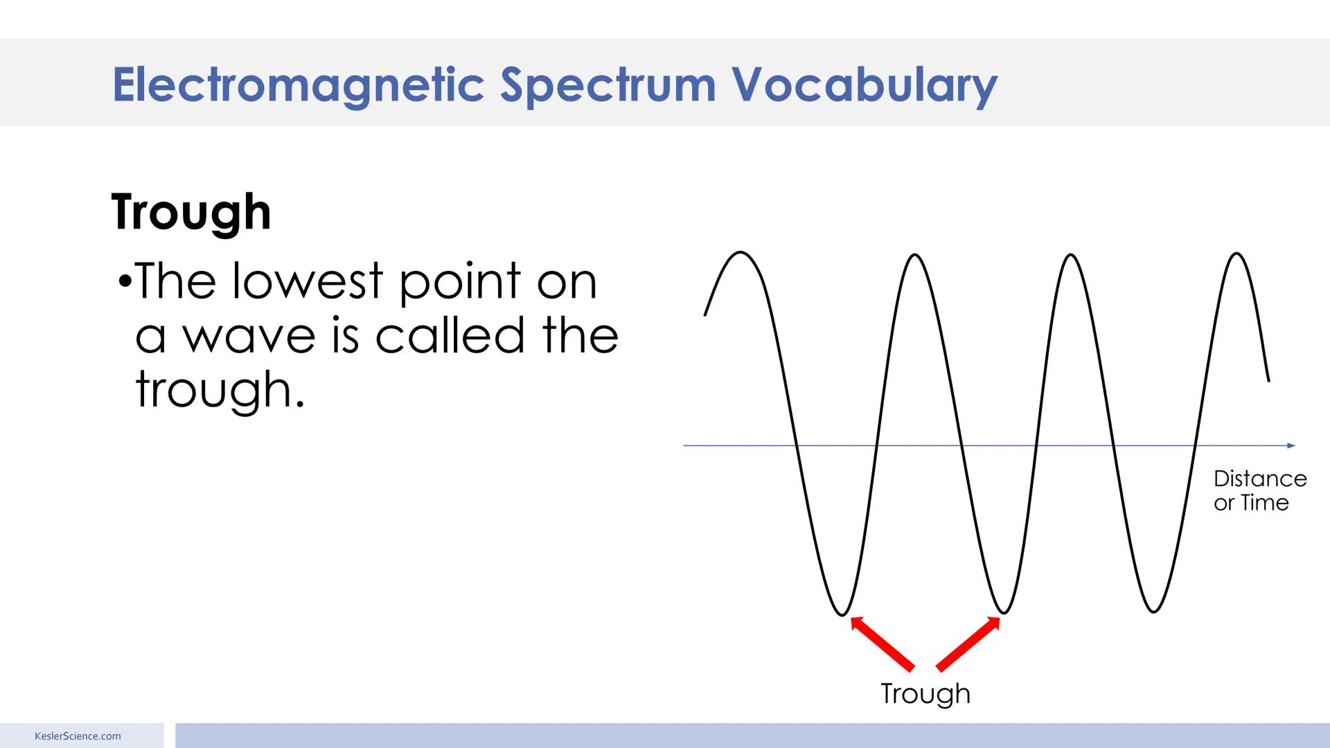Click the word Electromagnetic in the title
point(298,84)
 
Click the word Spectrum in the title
point(608,84)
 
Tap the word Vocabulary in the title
point(864,84)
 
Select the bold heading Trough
point(191,212)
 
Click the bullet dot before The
point(125,282)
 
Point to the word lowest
point(307,281)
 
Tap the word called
point(450,335)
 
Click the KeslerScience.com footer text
point(78,736)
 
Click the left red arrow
point(882,643)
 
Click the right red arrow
point(968,643)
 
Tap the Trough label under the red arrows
point(925,693)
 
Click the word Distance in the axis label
point(1260,479)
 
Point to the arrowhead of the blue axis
point(1291,445)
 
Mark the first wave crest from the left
point(741,253)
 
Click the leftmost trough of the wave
point(842,614)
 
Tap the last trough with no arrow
point(1153,611)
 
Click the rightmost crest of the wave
point(1237,254)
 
